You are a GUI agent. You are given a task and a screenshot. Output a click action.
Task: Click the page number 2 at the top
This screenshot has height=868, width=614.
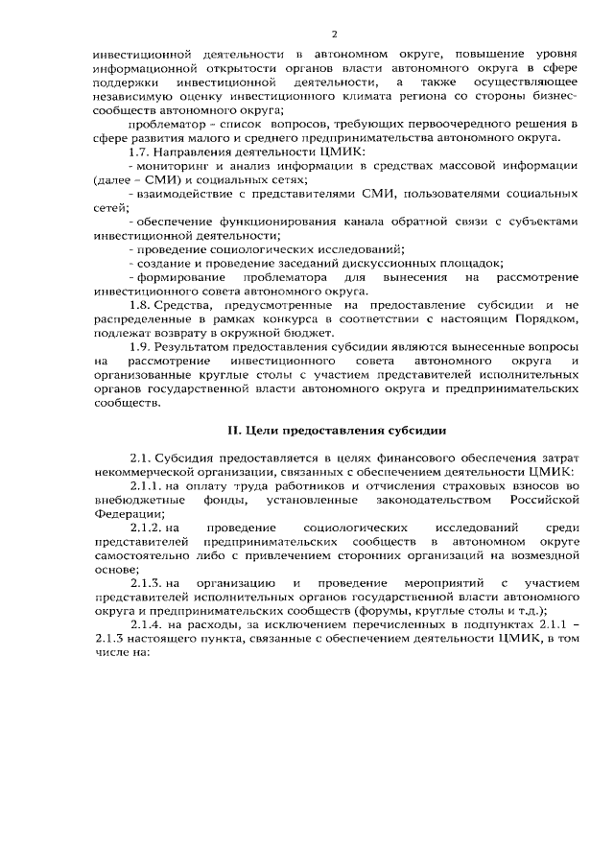307,32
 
